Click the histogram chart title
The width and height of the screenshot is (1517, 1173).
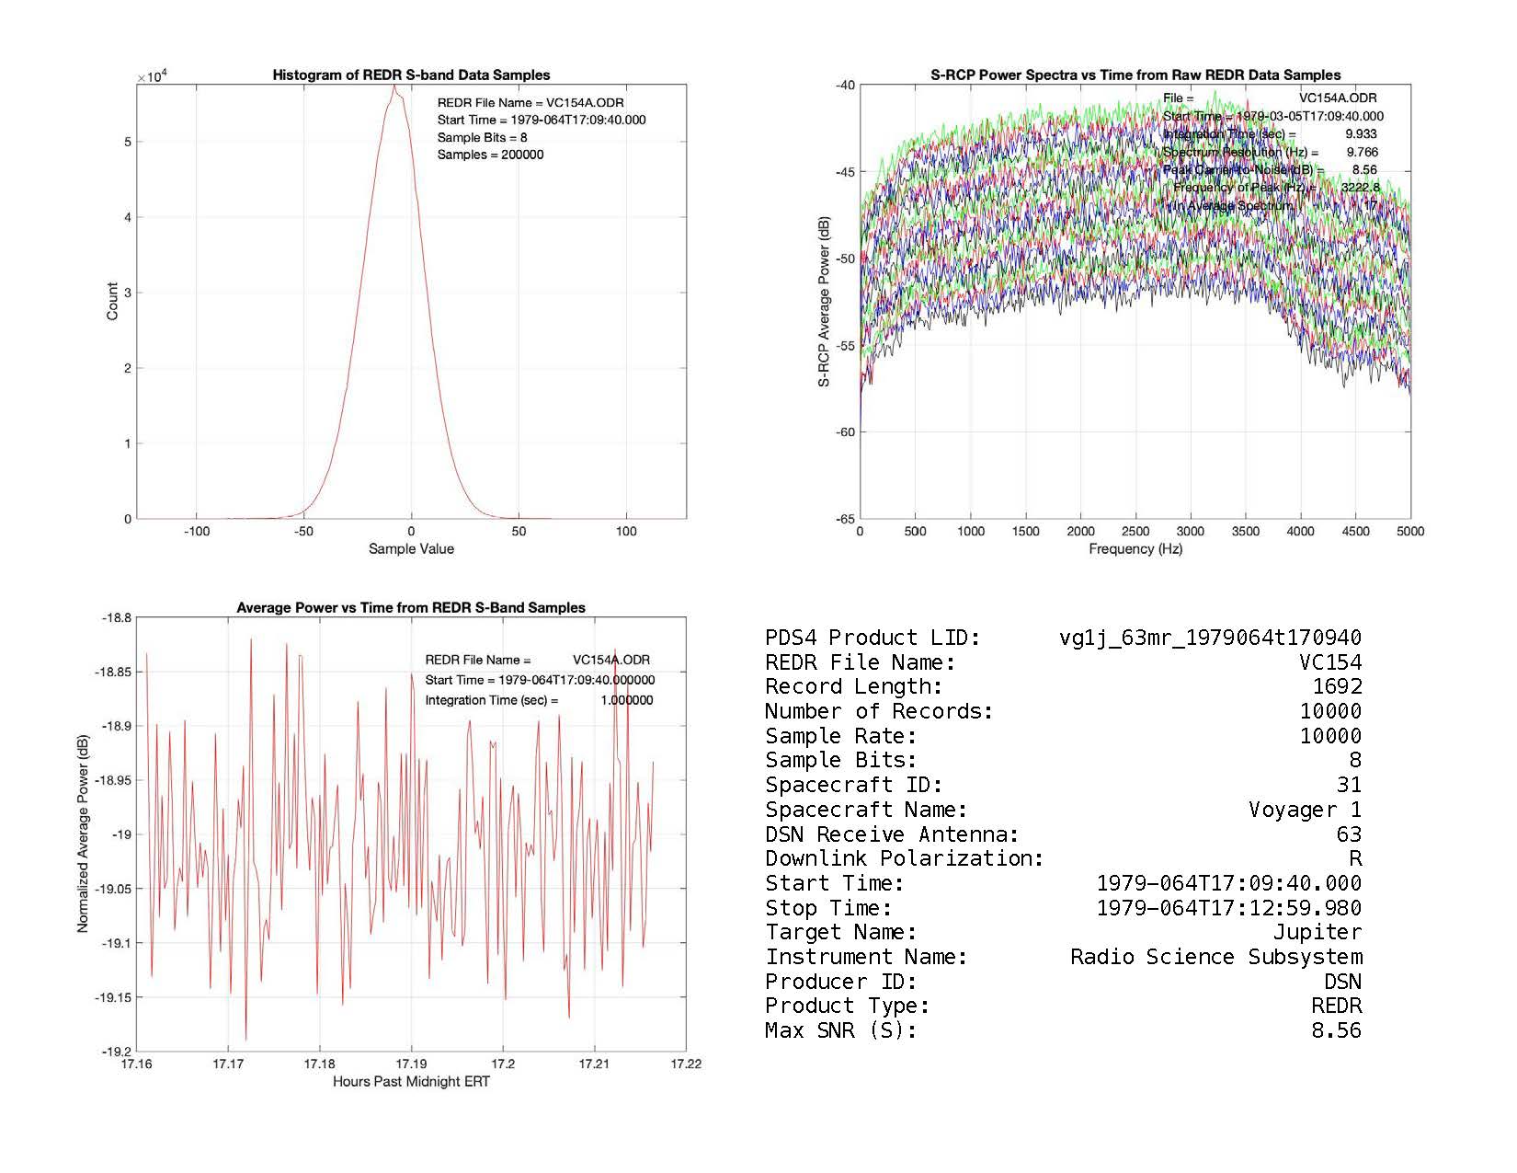(411, 75)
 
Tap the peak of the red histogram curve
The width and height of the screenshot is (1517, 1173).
(394, 87)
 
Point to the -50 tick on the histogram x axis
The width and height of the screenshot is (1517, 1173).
(303, 531)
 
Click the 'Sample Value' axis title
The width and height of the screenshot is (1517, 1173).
(411, 549)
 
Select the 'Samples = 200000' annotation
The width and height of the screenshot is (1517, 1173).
(490, 155)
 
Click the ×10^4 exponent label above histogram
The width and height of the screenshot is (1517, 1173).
(151, 76)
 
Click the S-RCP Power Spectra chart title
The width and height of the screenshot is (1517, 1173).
(1135, 75)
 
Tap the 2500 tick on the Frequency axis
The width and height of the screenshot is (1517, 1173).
(1135, 531)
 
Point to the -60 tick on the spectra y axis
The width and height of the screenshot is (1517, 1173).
(844, 432)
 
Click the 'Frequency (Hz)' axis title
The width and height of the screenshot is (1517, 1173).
(1135, 549)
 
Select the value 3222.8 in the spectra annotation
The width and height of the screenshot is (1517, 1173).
(1360, 188)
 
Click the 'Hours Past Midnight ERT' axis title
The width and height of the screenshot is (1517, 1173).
(411, 1082)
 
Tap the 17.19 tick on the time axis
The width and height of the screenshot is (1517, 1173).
(411, 1064)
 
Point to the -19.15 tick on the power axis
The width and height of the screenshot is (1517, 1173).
(113, 997)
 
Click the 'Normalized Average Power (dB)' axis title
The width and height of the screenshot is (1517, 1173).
(84, 834)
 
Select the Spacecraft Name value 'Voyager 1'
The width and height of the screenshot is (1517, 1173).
(1305, 810)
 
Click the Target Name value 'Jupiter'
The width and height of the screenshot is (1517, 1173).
(1317, 932)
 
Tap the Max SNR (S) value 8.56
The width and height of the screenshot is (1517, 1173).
(1336, 1030)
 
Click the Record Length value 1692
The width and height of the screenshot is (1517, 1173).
(1337, 686)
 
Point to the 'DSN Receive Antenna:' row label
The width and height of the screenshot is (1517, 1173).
(892, 834)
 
